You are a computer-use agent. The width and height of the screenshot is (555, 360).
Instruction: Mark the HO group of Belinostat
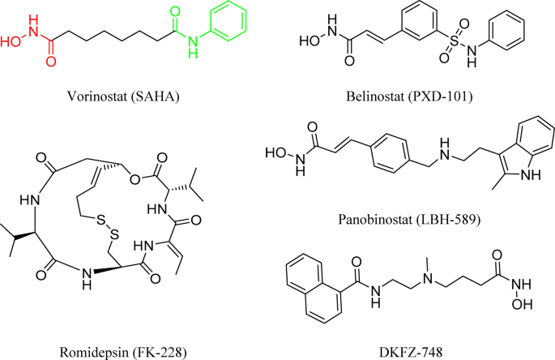click(308, 37)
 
